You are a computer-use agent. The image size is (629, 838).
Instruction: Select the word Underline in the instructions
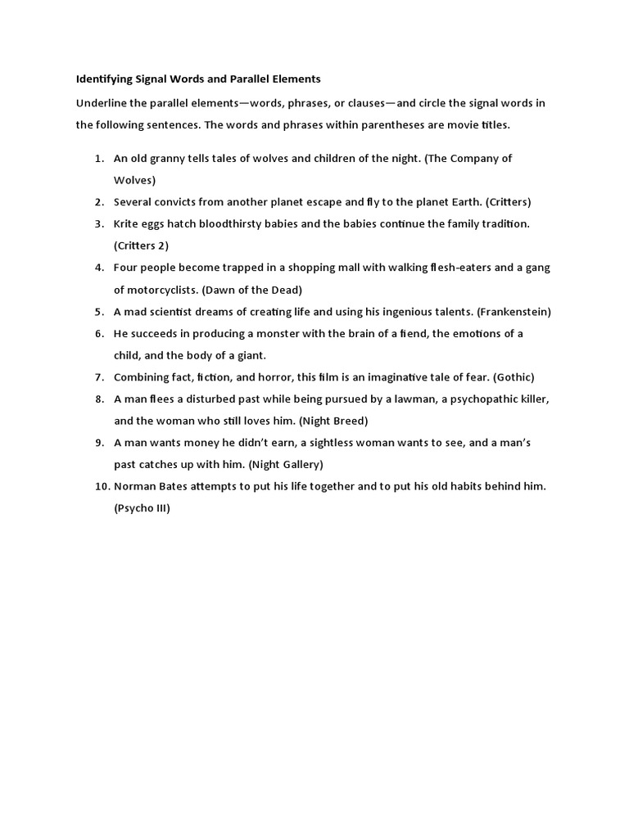coord(102,103)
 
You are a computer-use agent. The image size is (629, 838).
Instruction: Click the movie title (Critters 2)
coord(141,246)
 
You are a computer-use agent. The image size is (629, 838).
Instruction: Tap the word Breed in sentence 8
coord(350,421)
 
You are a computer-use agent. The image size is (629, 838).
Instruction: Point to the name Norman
coord(135,486)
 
